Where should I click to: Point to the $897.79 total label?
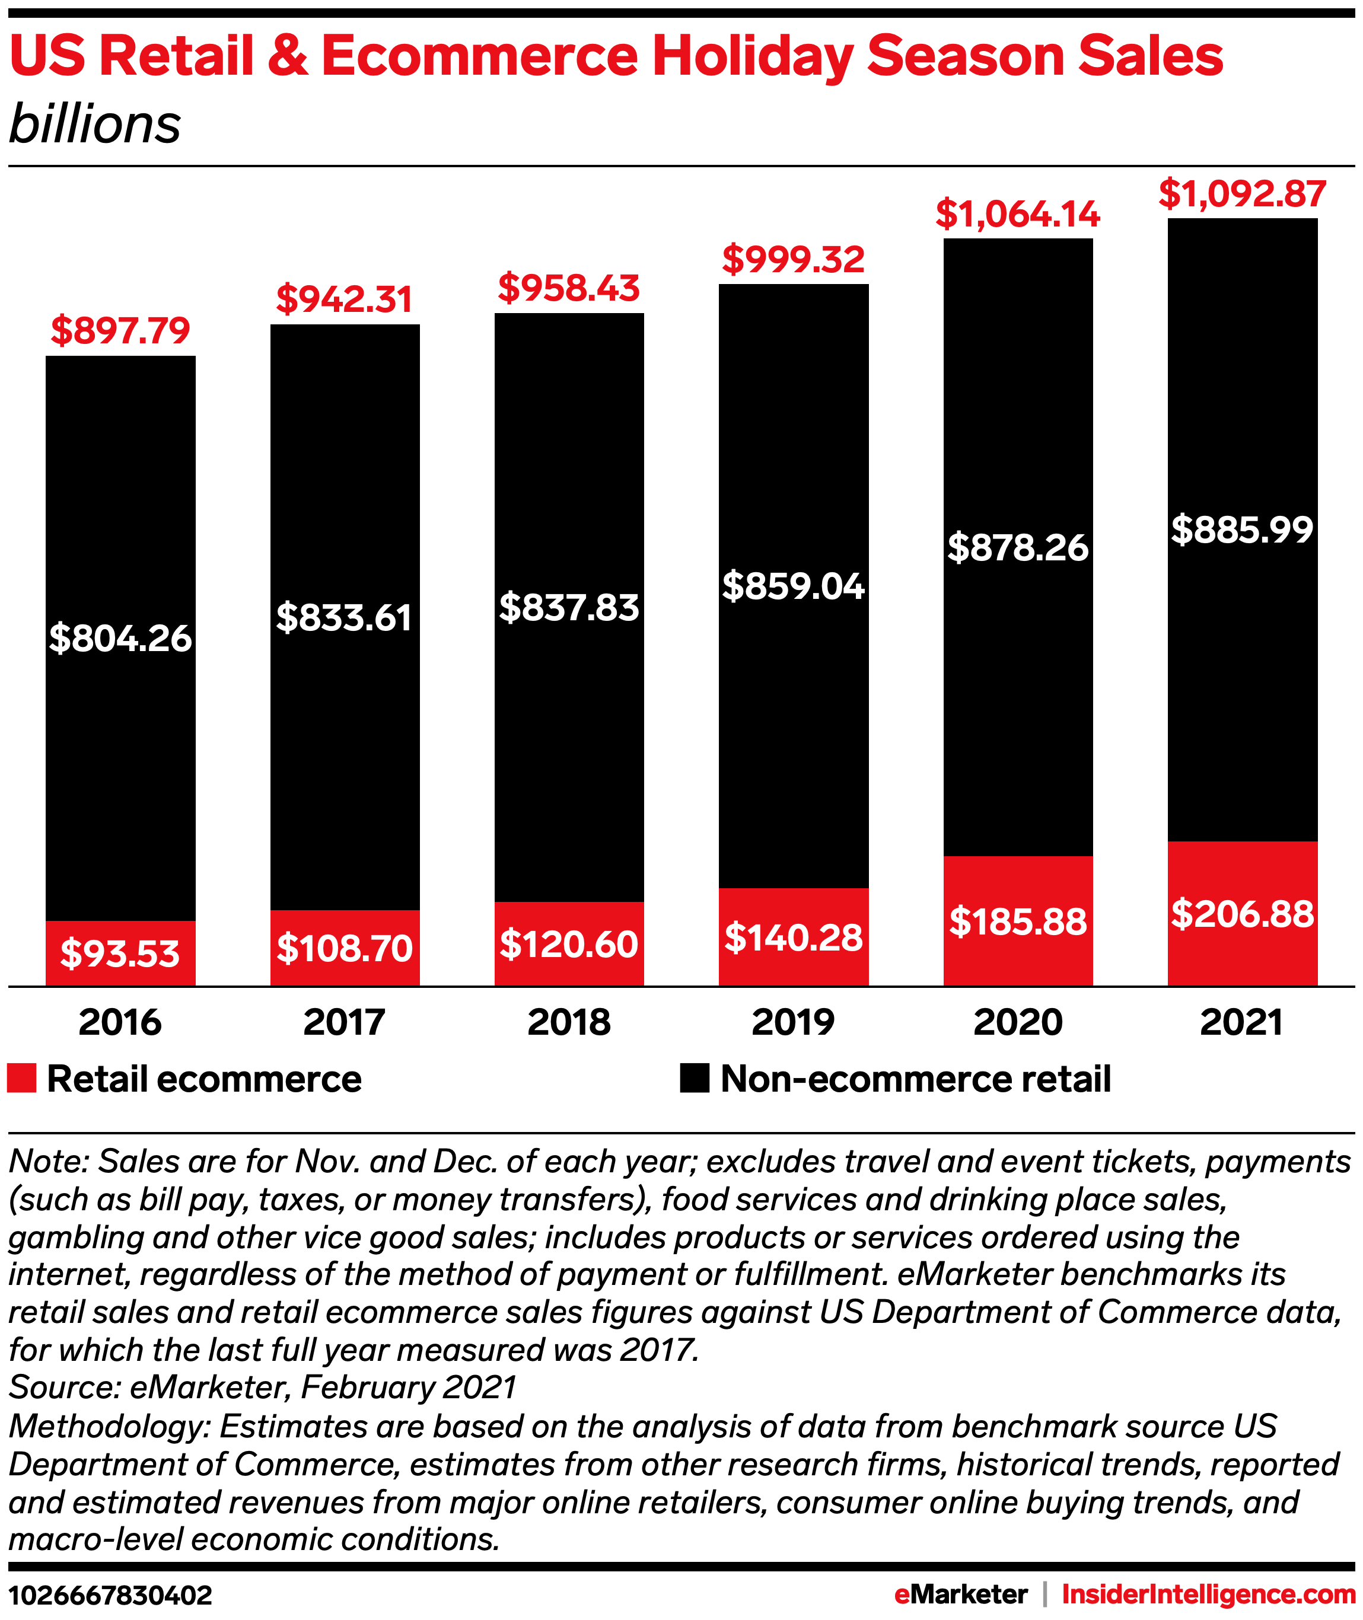click(x=120, y=331)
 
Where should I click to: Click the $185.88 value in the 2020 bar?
click(x=1018, y=921)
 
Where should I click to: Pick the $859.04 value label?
click(x=793, y=586)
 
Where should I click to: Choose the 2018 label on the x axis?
click(x=569, y=1022)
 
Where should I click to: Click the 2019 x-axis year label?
click(x=793, y=1022)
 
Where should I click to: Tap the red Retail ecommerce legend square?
click(x=21, y=1079)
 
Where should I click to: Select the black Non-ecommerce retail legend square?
click(x=694, y=1079)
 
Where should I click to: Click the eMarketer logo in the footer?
click(x=960, y=1594)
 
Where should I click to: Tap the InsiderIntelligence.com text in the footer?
click(x=1208, y=1594)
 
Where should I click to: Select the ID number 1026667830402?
click(x=110, y=1595)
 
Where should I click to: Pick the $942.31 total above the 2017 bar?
click(x=344, y=299)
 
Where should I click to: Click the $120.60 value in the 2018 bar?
click(x=569, y=944)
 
